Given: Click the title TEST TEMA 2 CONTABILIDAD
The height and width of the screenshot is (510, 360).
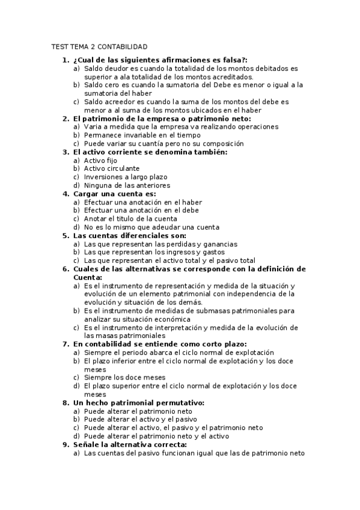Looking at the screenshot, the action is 99,47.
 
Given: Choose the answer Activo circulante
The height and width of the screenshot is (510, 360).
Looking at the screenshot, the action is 111,169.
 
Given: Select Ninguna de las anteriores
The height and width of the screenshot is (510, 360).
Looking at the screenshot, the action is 127,186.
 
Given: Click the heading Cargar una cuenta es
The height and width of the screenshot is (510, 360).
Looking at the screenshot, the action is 114,194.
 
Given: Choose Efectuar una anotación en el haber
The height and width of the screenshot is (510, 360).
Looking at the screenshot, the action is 142,202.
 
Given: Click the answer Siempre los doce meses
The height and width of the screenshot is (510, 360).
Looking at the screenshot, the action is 124,378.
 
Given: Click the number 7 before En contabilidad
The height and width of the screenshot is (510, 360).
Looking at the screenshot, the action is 65,344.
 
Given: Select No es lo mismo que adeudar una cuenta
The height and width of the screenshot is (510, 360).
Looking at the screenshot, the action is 151,227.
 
